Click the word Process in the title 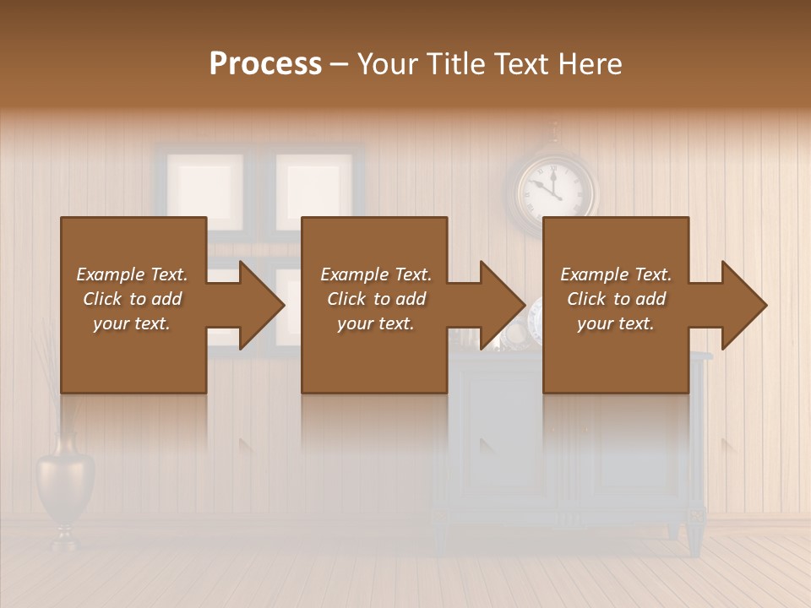click(265, 64)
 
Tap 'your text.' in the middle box click(375, 323)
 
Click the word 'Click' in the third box click(585, 299)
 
